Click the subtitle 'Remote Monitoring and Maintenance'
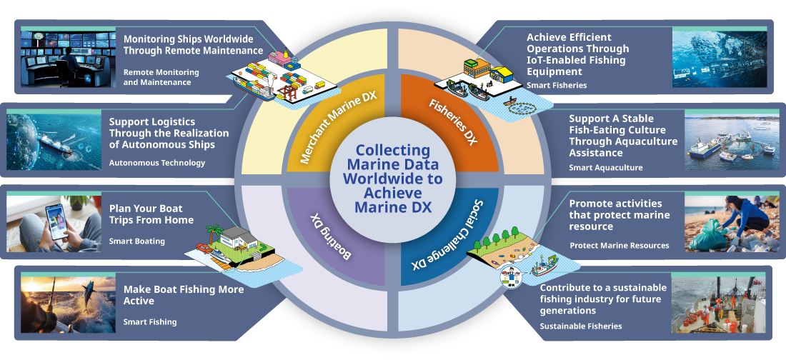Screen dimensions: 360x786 pyautogui.click(x=157, y=77)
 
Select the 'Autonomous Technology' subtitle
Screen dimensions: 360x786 pyautogui.click(x=156, y=163)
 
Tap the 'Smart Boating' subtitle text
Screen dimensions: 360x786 pyautogui.click(x=136, y=241)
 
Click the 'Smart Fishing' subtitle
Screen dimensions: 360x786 pyautogui.click(x=150, y=322)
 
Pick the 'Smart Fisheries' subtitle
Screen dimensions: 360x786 pyautogui.click(x=557, y=85)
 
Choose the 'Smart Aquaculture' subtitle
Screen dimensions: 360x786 pyautogui.click(x=605, y=168)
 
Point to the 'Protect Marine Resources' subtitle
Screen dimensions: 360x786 pyautogui.click(x=619, y=246)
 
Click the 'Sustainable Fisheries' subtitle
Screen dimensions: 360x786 pyautogui.click(x=580, y=326)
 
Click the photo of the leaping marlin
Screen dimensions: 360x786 pyautogui.click(x=68, y=304)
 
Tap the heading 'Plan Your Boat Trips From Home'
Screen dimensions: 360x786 pyautogui.click(x=151, y=214)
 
